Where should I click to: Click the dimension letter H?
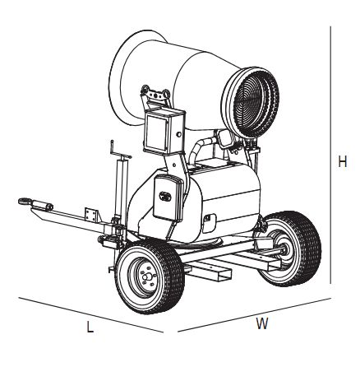coord(343,161)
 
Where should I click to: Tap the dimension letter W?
coord(262,323)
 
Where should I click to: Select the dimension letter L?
coord(90,327)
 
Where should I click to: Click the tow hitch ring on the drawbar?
coord(25,202)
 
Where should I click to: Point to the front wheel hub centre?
coord(145,277)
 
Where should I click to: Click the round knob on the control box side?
coord(179,135)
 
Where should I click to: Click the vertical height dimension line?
coord(330,155)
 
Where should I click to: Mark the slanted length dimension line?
coord(91,314)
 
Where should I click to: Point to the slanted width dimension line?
coord(254,314)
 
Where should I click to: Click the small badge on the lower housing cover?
coord(165,196)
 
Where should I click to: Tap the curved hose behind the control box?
coord(201,147)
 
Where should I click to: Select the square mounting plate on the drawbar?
coord(90,214)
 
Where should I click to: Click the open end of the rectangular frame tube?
coord(224,276)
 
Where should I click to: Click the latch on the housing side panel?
coord(207,218)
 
